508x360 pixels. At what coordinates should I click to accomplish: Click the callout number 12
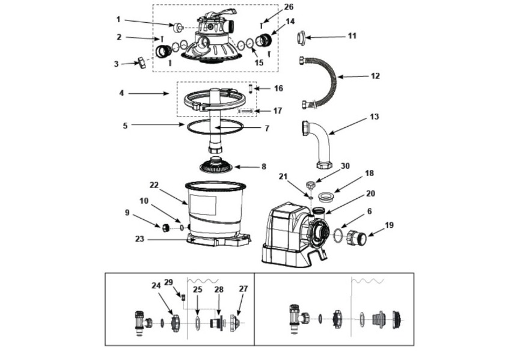[375, 76]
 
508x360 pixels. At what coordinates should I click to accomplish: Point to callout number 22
[155, 185]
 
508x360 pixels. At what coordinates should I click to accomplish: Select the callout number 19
[390, 225]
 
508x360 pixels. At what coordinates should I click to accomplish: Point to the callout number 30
[344, 166]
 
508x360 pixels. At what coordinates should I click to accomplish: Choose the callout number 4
[121, 93]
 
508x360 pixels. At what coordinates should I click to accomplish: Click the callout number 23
[140, 238]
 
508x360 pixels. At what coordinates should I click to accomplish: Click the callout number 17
[277, 111]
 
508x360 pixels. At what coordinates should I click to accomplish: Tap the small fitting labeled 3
[142, 62]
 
